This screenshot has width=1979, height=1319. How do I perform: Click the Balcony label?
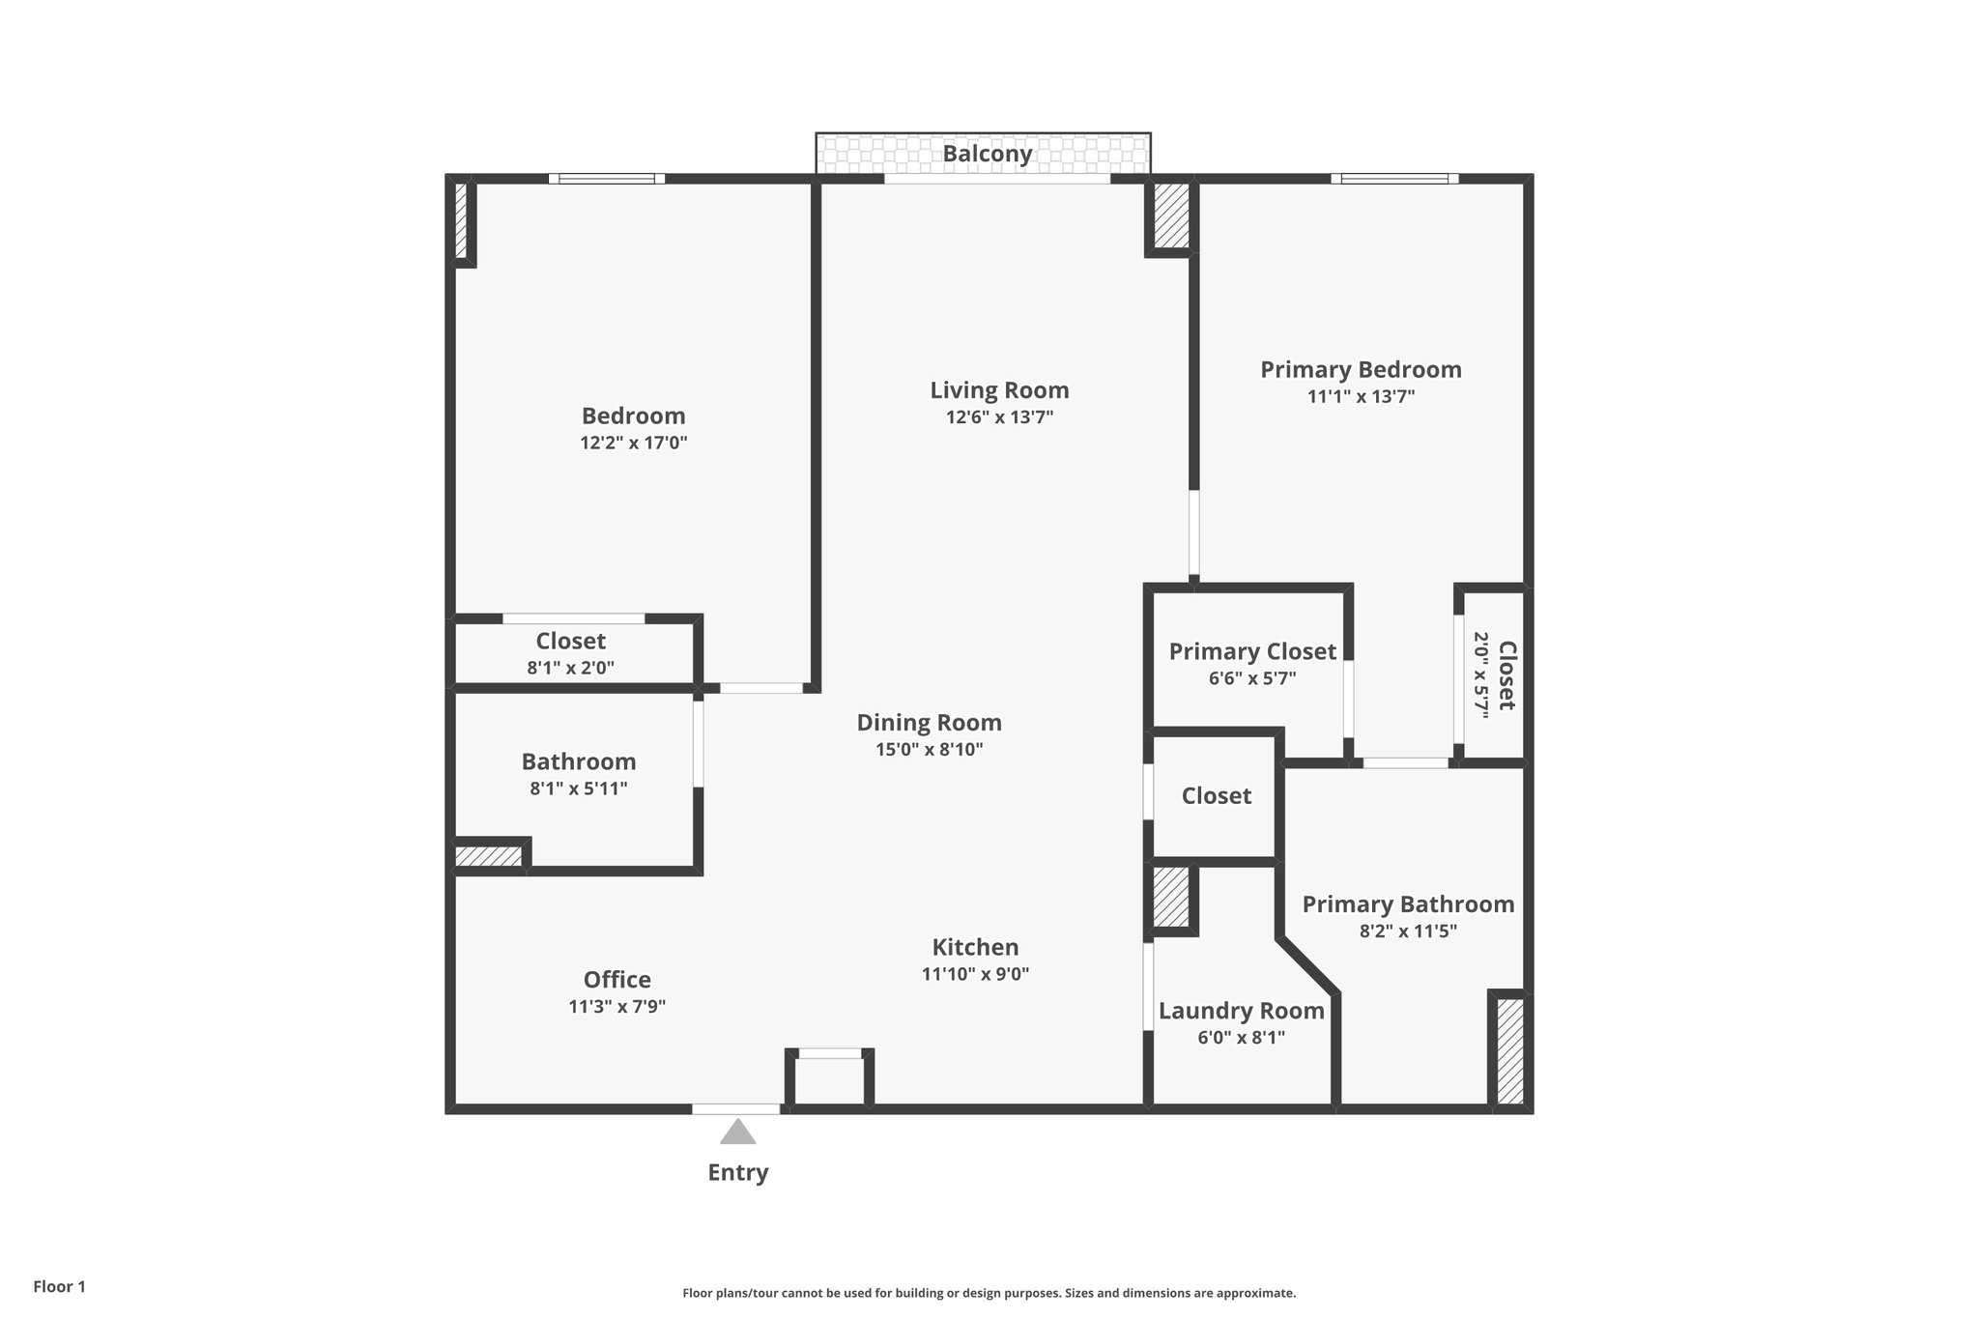click(x=987, y=154)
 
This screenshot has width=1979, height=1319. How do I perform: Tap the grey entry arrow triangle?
click(x=737, y=1133)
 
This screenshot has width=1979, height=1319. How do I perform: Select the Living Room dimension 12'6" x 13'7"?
click(x=999, y=417)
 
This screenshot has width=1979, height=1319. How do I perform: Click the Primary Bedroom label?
click(x=1360, y=370)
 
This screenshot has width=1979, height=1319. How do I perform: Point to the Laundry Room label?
click(x=1241, y=1011)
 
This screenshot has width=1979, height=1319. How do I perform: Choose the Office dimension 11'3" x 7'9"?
click(x=617, y=1007)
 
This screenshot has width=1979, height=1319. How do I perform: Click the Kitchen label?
click(x=975, y=947)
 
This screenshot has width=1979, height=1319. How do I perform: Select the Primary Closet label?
click(x=1252, y=651)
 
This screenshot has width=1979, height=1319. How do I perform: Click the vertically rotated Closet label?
click(x=1506, y=675)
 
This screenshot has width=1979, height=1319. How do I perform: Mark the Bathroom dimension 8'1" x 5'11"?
click(x=578, y=789)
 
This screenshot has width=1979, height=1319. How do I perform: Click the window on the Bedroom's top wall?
click(x=607, y=179)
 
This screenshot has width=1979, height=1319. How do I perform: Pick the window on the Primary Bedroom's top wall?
click(x=1394, y=179)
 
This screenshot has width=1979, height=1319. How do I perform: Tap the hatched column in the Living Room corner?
click(x=1171, y=215)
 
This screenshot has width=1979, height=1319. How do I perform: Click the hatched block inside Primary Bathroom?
click(x=1509, y=1050)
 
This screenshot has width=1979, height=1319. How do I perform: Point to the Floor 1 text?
click(x=59, y=1287)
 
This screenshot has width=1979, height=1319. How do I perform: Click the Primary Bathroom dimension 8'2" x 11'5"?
click(x=1408, y=932)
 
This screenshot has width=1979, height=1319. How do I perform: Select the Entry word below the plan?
click(x=737, y=1172)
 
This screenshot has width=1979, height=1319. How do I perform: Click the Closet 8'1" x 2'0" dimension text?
click(x=570, y=668)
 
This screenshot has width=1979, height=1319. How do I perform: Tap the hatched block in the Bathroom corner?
click(x=488, y=856)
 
